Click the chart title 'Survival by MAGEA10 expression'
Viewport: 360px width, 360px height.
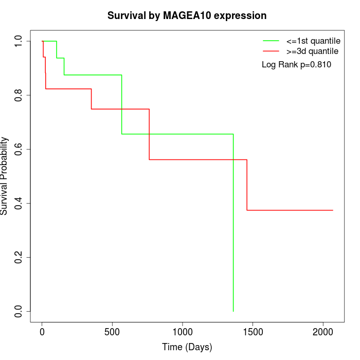[x=187, y=16]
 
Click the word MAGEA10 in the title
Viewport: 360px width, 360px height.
[x=189, y=16]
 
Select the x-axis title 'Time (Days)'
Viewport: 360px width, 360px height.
[x=187, y=347]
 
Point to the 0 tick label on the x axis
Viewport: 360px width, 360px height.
[x=42, y=331]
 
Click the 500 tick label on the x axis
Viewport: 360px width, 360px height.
[x=112, y=331]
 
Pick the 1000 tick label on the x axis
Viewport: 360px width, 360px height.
[x=183, y=331]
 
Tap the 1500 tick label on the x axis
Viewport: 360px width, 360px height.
[x=253, y=331]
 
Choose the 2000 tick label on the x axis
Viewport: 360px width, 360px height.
[x=323, y=331]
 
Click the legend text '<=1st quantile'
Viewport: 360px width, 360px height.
[x=313, y=41]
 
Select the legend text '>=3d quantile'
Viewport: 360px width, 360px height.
[x=312, y=51]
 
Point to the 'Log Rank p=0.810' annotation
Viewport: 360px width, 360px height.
[x=296, y=65]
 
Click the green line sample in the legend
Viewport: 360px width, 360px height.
[x=271, y=41]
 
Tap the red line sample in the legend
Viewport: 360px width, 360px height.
[x=271, y=51]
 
